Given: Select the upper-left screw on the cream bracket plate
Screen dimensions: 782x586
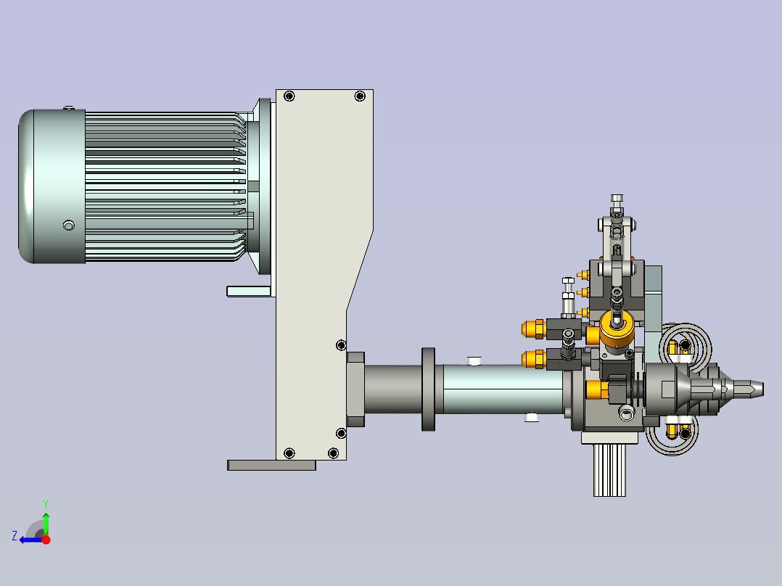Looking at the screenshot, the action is (x=289, y=96).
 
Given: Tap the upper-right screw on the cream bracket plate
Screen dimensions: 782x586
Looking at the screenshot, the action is (x=360, y=96).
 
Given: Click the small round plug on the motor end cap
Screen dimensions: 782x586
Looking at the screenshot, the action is (x=69, y=226).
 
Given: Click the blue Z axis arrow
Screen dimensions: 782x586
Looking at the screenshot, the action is (x=31, y=540).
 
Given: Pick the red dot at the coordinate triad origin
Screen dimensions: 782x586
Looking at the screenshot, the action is (x=46, y=540).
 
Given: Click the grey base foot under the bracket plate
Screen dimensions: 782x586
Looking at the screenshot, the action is (x=271, y=466).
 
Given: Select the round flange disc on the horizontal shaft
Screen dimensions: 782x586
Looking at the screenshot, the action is (x=429, y=389).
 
